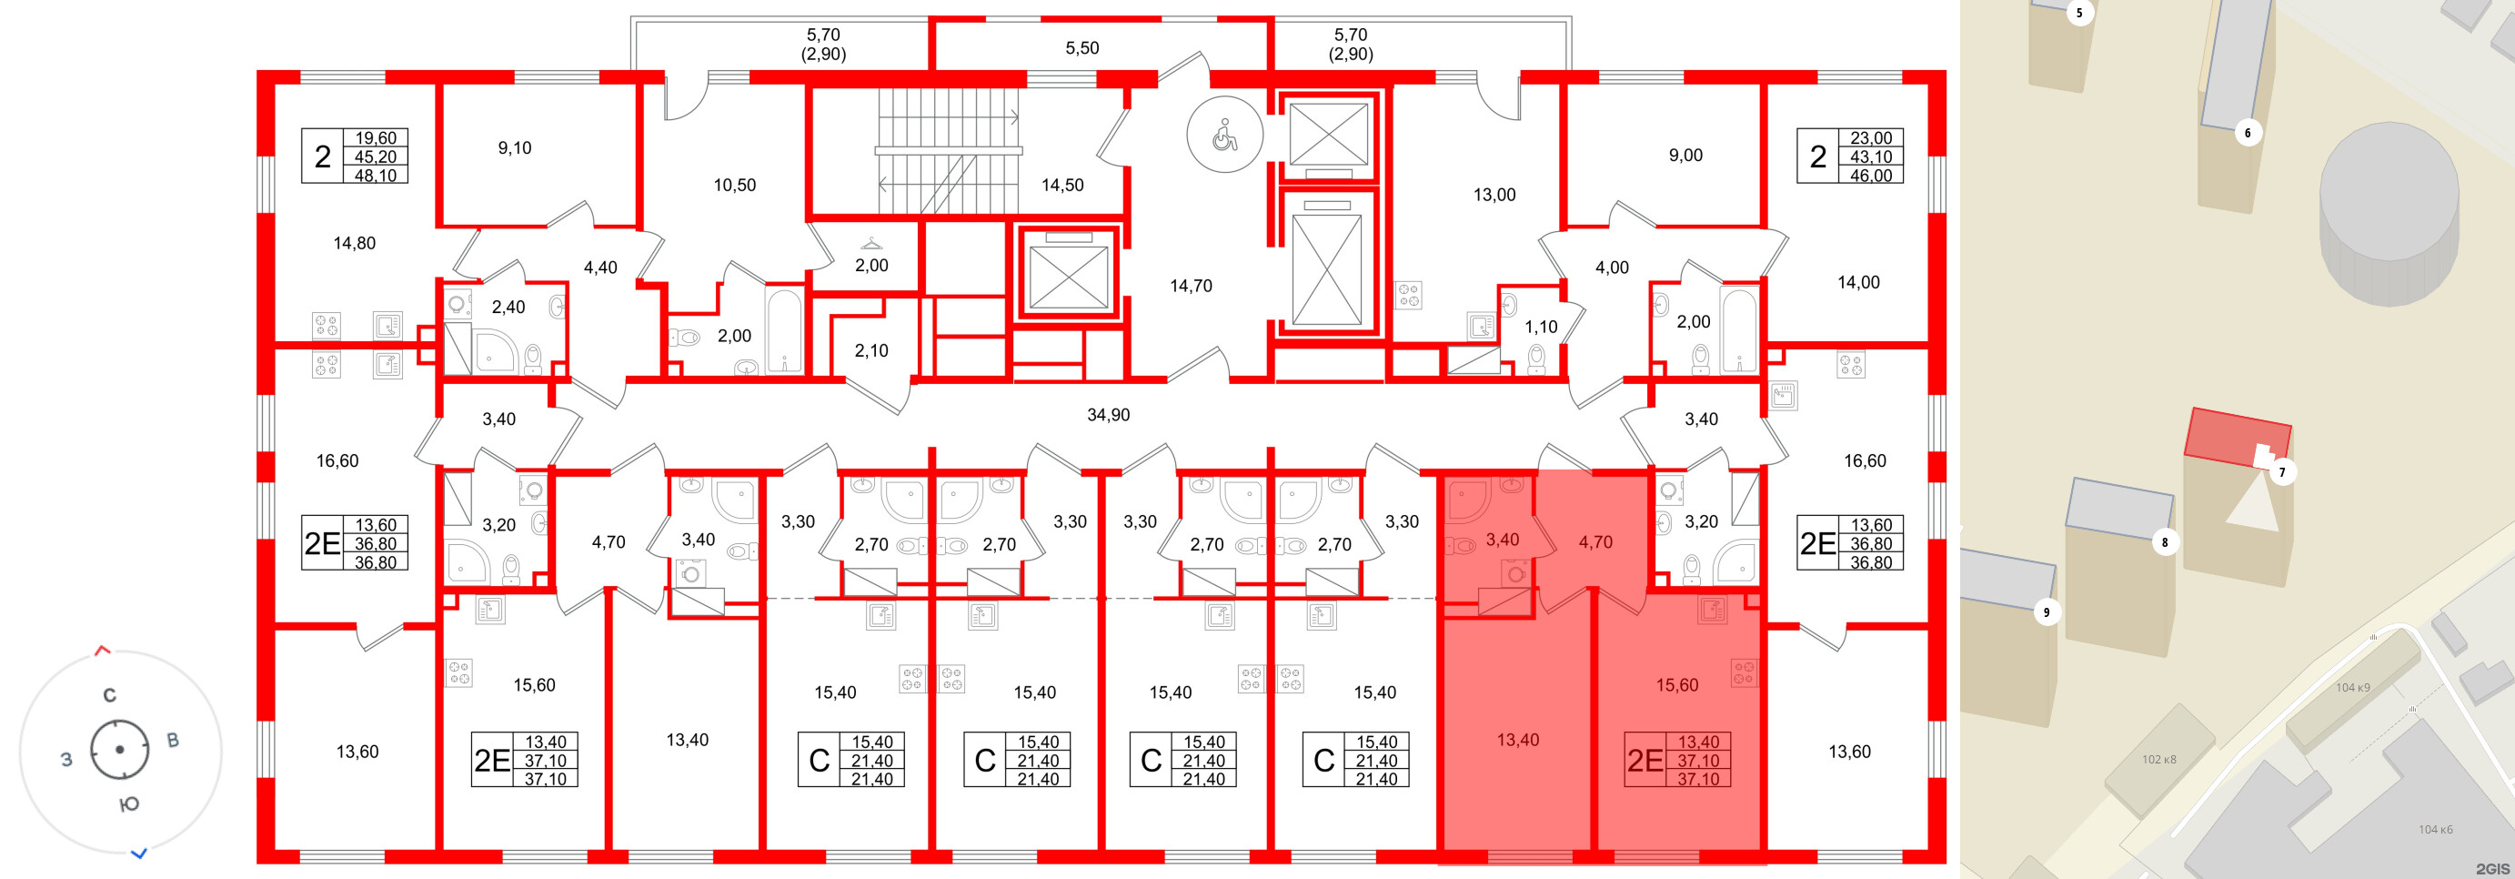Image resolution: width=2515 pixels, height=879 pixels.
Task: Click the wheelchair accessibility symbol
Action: point(1224,136)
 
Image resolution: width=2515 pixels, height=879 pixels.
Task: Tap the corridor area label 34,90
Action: point(1108,415)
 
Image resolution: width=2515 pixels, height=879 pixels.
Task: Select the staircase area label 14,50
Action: point(1062,185)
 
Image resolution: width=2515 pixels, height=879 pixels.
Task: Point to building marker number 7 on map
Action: point(2281,472)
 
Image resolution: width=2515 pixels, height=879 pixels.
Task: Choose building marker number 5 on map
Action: point(2078,14)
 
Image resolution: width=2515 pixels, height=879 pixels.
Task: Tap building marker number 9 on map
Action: point(2047,612)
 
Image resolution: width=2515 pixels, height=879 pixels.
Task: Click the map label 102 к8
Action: point(2158,759)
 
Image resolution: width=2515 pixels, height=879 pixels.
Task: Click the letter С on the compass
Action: point(109,695)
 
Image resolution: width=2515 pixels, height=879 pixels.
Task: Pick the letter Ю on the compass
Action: point(129,804)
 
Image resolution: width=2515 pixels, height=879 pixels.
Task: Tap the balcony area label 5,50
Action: point(1081,48)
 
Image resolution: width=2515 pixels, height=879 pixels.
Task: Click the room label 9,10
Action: point(515,148)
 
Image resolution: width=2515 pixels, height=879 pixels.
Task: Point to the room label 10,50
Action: point(734,186)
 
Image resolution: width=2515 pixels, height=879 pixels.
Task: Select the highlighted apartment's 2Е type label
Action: point(1645,761)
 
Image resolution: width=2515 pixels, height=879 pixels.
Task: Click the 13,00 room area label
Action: point(1494,196)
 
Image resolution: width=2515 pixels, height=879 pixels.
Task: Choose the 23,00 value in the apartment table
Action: point(1871,138)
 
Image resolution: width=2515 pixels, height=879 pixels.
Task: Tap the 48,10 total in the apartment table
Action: point(376,176)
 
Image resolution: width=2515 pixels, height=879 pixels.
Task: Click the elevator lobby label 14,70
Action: point(1192,286)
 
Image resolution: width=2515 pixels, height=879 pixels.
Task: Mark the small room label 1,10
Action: point(1541,328)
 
